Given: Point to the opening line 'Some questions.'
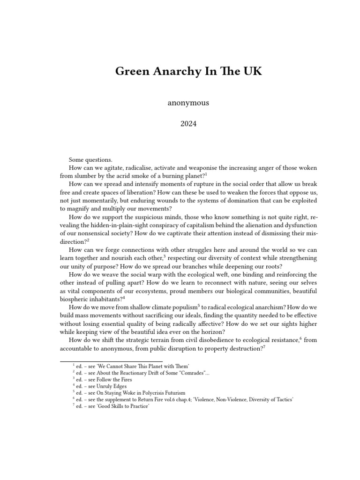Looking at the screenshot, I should coord(90,160).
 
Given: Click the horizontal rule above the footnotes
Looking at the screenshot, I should coord(112,361).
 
